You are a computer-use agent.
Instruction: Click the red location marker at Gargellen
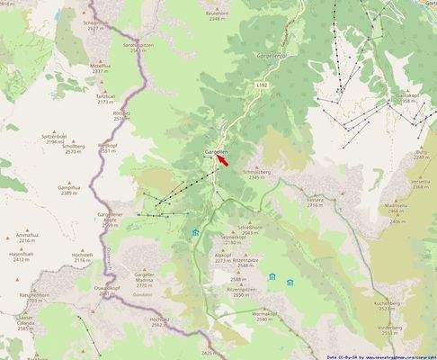pyautogui.click(x=224, y=158)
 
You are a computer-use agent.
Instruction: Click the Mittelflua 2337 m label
pyautogui.click(x=100, y=68)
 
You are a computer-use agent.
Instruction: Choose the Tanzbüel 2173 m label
pyautogui.click(x=106, y=99)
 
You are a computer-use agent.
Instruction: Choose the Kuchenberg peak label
pyautogui.click(x=405, y=304)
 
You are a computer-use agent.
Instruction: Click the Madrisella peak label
pyautogui.click(x=396, y=208)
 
